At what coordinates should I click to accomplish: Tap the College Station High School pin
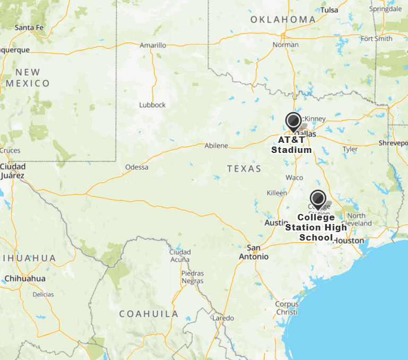[x=318, y=199]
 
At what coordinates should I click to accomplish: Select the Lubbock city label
[x=152, y=105]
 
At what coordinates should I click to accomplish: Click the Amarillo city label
[x=153, y=46]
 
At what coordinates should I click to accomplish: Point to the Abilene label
[x=216, y=145]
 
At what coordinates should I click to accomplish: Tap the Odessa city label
[x=137, y=167]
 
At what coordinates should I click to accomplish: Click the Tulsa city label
[x=329, y=10]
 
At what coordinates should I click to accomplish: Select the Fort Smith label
[x=376, y=39]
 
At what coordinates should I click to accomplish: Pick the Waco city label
[x=294, y=177]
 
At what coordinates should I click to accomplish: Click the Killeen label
[x=276, y=193]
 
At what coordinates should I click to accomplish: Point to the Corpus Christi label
[x=287, y=308]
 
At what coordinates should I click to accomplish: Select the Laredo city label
[x=223, y=318]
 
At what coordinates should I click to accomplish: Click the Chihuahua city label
[x=25, y=278]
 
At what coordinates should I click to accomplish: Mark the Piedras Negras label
[x=193, y=277]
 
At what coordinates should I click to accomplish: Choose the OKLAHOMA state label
[x=283, y=20]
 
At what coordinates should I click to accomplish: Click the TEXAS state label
[x=244, y=169]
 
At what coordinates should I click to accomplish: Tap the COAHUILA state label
[x=149, y=314]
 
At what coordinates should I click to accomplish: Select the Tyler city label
[x=350, y=149]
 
